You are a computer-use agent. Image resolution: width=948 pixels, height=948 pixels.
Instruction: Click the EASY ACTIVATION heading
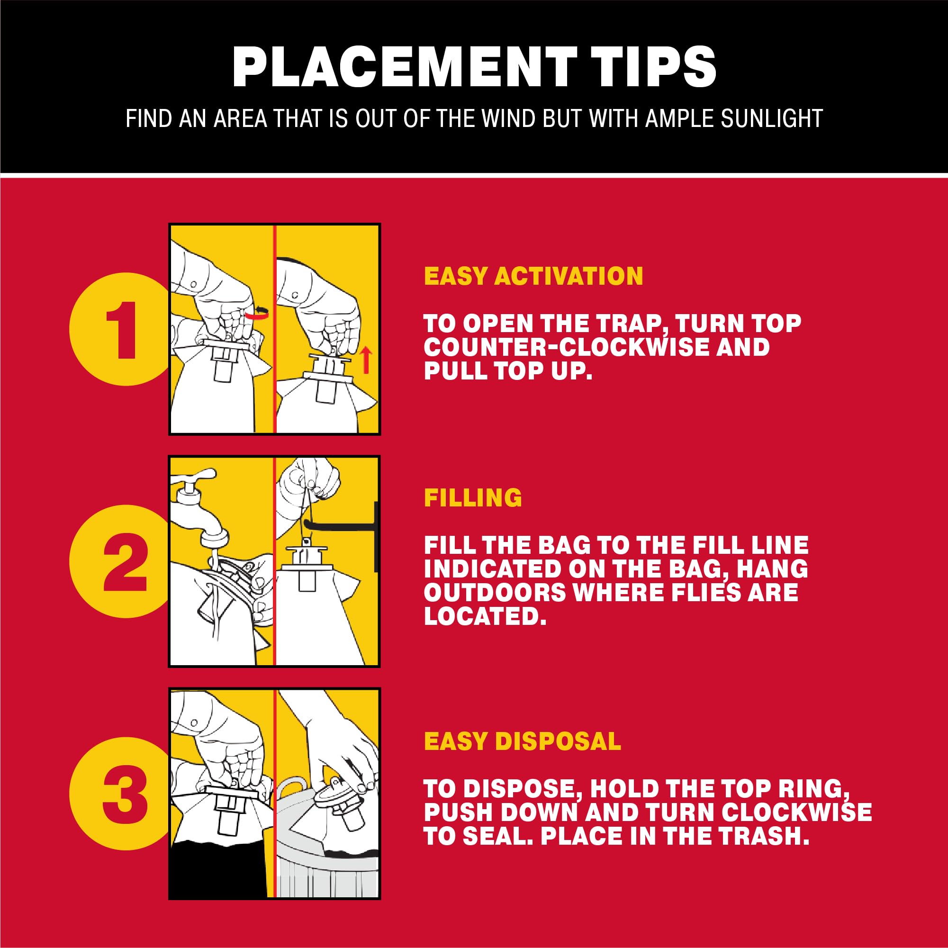(533, 276)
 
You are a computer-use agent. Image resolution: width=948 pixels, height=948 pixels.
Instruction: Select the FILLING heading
(473, 497)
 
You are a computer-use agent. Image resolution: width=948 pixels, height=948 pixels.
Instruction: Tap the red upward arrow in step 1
(366, 361)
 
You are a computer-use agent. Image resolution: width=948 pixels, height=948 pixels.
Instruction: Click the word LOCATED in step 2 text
(485, 616)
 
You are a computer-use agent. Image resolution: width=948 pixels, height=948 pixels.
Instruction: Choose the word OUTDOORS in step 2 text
(495, 592)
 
